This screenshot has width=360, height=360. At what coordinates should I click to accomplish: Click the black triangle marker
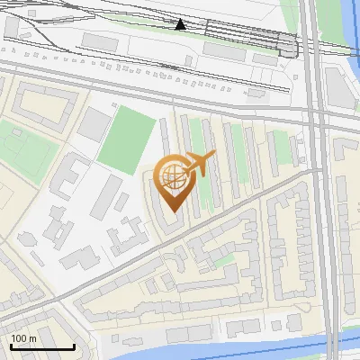click(x=181, y=24)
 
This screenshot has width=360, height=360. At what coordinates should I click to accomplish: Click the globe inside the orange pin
click(x=172, y=176)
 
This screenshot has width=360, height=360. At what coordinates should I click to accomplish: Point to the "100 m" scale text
click(x=24, y=338)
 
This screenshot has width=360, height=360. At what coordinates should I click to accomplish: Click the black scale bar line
click(x=42, y=346)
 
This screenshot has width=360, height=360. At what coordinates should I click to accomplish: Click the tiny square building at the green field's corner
click(x=115, y=105)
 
